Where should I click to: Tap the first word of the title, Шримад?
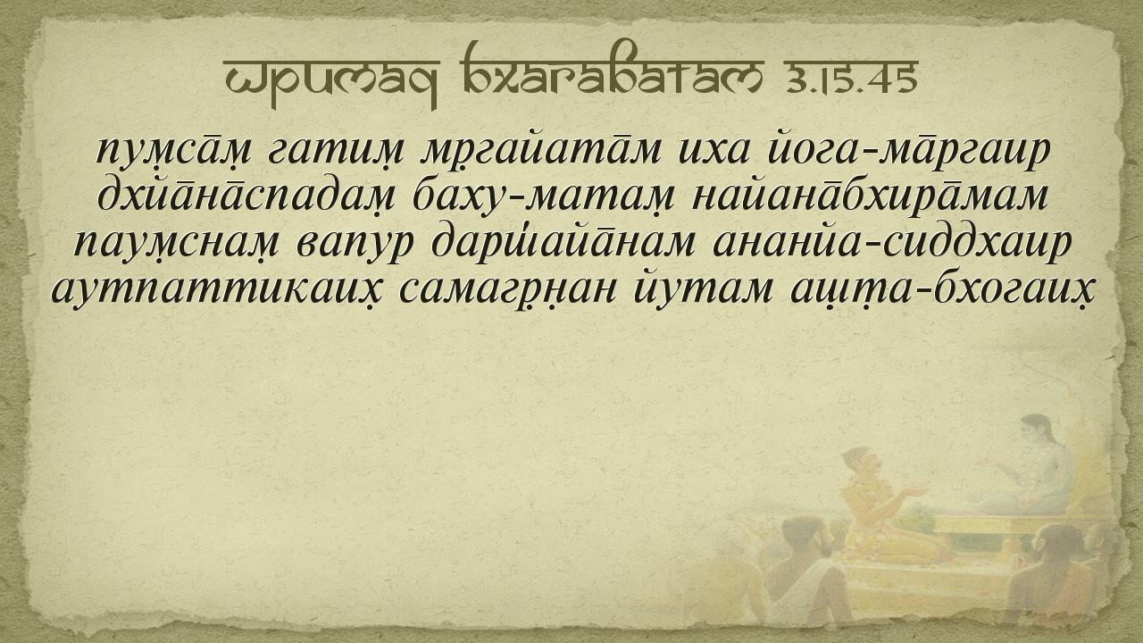pos(331,80)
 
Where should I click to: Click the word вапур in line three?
pos(355,245)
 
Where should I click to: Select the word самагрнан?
pos(507,291)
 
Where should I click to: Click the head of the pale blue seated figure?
pos(1037,430)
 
